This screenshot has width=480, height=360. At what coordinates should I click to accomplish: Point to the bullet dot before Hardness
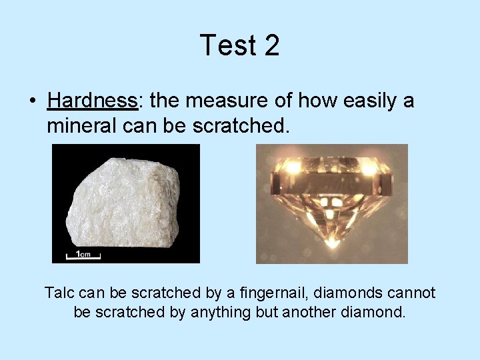coord(31,101)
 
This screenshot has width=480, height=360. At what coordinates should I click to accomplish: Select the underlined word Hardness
coord(92,101)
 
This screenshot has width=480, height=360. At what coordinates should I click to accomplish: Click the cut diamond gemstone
coord(331,200)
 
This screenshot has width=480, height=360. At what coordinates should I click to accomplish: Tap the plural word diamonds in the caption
coord(344,293)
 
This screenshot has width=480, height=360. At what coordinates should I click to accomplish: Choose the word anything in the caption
coord(217,312)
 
